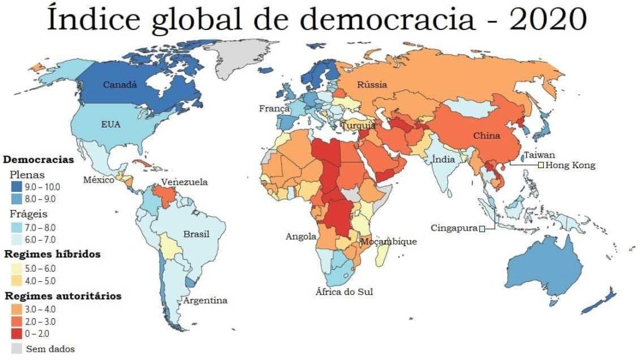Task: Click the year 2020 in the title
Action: coord(547,20)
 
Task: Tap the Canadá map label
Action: coord(120,84)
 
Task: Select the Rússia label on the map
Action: coord(372,84)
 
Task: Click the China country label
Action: coord(486,136)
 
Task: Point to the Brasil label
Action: coord(196,234)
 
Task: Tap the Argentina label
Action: coord(205,301)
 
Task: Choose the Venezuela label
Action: coord(184,182)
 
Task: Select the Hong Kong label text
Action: coord(570,166)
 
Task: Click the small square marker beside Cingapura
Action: coord(482,229)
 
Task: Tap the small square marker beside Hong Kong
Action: coord(541,165)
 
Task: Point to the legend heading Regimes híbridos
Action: coord(52,254)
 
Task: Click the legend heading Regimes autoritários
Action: coord(63,296)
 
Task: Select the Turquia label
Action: coord(358,125)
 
